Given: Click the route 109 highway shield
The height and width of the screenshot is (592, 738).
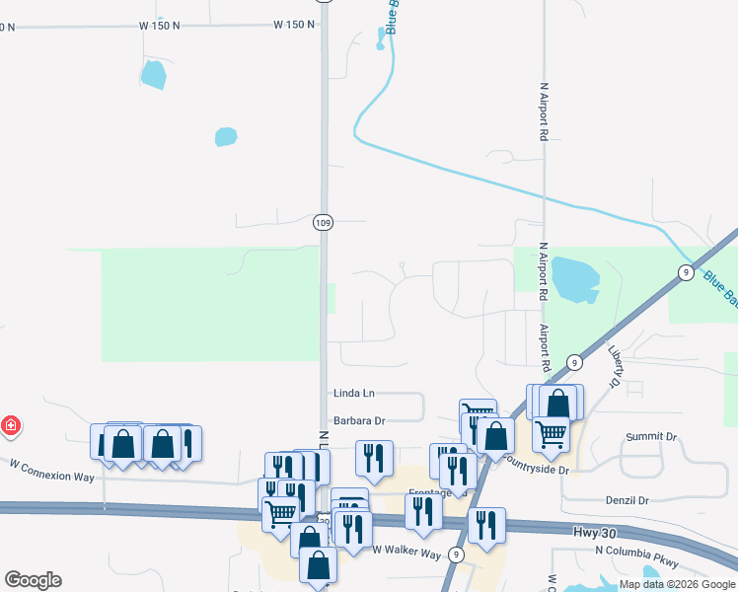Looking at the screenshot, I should point(323,223).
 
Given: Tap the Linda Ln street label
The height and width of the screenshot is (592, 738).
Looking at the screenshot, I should point(355,393).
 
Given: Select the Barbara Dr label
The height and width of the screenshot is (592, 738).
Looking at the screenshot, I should point(358,420).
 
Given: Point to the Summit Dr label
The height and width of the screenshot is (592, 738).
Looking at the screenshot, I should point(652,436).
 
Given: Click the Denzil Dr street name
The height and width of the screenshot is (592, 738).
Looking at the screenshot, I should point(623,500).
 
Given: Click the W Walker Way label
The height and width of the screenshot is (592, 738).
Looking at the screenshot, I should point(406,554).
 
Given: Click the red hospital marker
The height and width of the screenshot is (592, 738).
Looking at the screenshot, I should point(11,426).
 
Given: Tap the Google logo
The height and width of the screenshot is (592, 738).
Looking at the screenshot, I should point(33,580).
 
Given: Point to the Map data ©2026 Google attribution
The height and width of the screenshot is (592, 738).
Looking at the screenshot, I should point(678,584).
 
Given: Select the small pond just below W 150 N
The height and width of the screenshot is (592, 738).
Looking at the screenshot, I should point(153,74).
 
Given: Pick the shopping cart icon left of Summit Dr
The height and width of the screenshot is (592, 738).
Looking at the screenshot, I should point(551,431).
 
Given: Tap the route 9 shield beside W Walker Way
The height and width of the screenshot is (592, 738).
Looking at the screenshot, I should point(456,555).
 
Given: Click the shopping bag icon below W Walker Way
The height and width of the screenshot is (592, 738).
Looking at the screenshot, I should point(318,564).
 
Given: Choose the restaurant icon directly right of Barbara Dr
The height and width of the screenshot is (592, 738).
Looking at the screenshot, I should point(374,458).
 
